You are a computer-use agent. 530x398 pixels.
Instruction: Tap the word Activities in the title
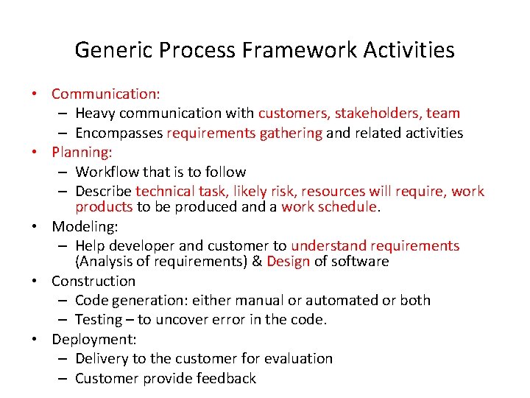click(x=411, y=50)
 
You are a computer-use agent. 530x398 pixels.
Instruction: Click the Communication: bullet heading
click(x=106, y=94)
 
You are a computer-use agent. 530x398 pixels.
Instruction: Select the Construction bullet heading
click(x=93, y=281)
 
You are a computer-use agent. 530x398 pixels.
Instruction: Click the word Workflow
click(x=107, y=172)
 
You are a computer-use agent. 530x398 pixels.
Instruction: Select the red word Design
click(x=289, y=262)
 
